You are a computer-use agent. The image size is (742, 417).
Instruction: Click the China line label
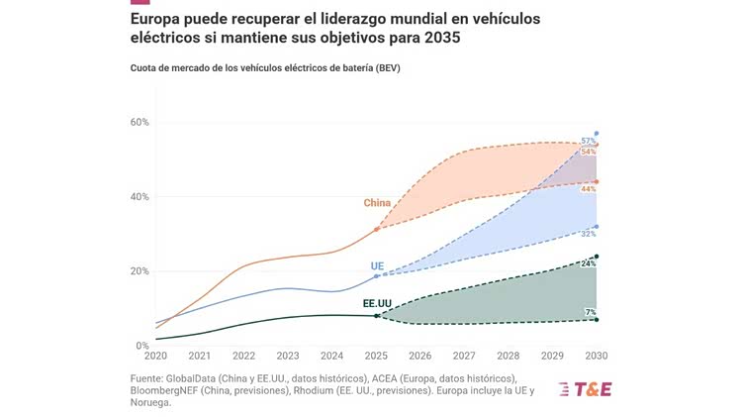click(377, 203)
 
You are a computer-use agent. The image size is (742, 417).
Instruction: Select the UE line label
click(377, 266)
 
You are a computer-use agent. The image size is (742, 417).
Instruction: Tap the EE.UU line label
click(377, 303)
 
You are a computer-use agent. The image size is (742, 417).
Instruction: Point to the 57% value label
click(588, 142)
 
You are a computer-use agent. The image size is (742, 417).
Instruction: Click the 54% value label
click(588, 152)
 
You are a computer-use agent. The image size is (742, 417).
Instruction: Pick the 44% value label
click(588, 188)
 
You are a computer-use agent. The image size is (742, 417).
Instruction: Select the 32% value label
click(588, 234)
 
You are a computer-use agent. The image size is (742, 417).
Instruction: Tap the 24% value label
click(588, 264)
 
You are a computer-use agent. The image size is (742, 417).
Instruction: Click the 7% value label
click(590, 312)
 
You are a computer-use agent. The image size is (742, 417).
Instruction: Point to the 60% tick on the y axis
click(139, 122)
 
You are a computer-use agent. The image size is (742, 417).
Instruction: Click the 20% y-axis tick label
click(139, 271)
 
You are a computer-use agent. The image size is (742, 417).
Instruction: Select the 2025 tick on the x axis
click(376, 356)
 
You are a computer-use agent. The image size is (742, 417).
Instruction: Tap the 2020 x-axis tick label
click(155, 356)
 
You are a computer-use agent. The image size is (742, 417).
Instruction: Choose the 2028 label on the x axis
click(509, 356)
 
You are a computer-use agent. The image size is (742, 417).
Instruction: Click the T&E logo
click(585, 388)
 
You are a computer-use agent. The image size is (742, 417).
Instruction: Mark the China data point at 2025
click(376, 229)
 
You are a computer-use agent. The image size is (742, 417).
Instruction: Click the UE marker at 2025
click(376, 275)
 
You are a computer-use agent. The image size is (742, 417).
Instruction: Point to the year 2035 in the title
click(436, 38)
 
